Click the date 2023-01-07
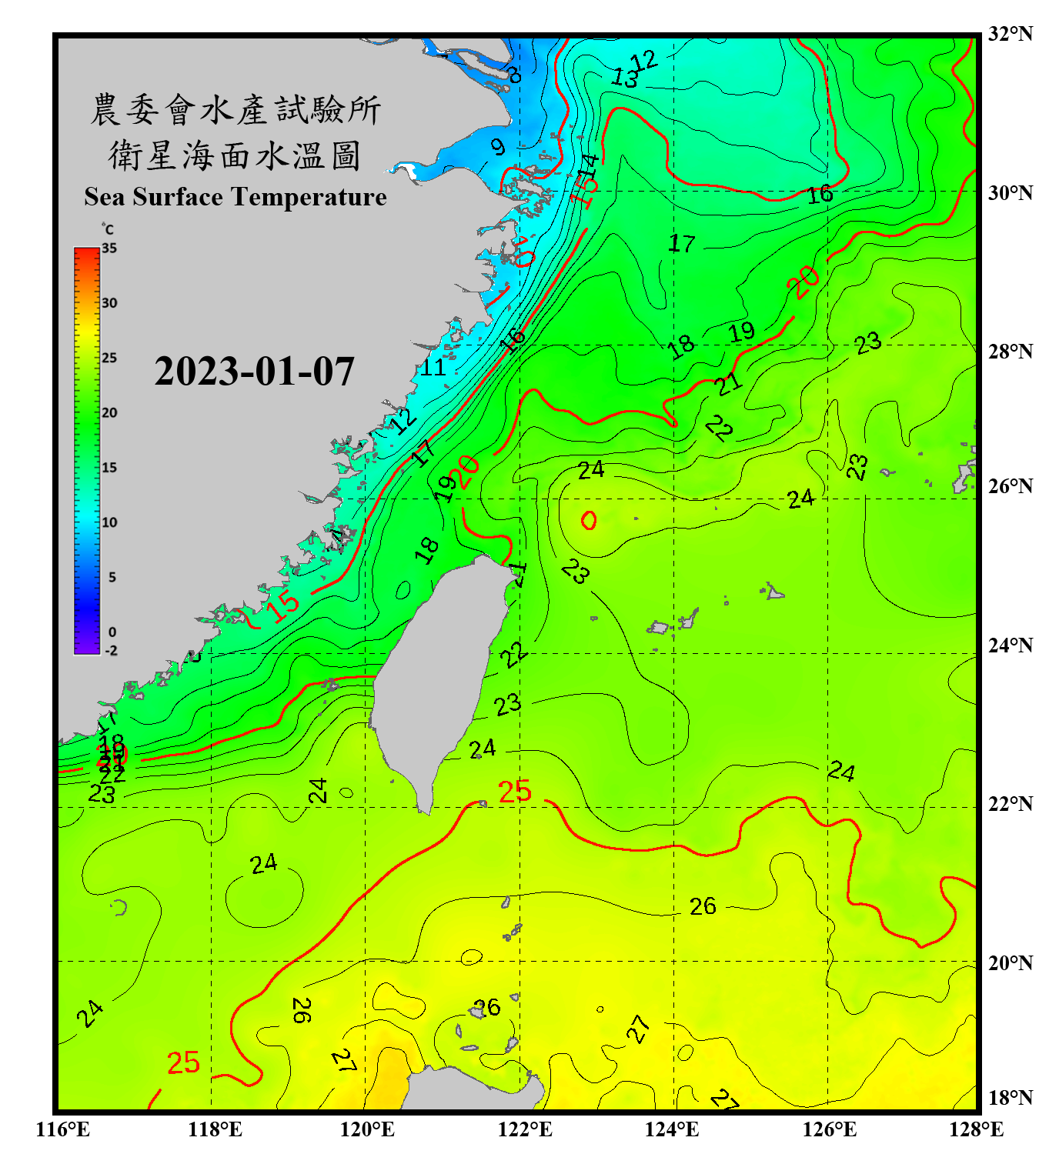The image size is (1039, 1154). (254, 372)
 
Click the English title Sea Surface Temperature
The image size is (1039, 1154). (236, 197)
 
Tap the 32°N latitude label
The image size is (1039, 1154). (1010, 34)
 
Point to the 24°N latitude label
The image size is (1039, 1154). (1010, 645)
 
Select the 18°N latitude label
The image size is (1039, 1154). (1010, 1097)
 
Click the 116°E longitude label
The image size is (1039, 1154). (62, 1129)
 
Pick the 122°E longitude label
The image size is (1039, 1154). (525, 1129)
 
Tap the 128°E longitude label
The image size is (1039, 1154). (976, 1129)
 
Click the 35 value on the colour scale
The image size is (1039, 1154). (109, 248)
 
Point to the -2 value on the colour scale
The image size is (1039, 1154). (111, 650)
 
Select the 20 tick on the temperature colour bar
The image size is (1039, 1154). (109, 412)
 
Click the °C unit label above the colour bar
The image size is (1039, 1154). (108, 229)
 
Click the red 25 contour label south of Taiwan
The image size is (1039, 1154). (514, 791)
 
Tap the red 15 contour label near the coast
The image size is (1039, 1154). (283, 605)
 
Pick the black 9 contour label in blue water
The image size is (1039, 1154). (498, 147)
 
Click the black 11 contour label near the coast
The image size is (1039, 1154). (433, 368)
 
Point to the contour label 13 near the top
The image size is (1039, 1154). (625, 78)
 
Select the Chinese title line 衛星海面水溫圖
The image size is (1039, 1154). (235, 155)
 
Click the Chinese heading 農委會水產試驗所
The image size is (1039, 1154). (236, 110)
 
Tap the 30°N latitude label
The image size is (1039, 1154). (1010, 192)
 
